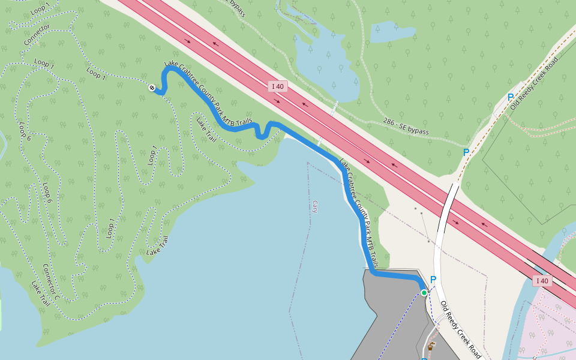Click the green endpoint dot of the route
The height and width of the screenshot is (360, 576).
424,292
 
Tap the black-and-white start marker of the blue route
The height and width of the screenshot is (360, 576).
152,88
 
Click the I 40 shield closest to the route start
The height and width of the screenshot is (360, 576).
278,86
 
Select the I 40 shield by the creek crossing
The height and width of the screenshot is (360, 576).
542,280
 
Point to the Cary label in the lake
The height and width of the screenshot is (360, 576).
314,207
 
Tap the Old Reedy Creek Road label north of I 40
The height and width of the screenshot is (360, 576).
534,83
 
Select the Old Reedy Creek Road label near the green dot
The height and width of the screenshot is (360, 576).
460,329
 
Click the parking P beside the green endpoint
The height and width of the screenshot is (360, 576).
433,280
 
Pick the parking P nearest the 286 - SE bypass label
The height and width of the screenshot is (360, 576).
466,152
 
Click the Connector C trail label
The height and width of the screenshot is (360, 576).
51,281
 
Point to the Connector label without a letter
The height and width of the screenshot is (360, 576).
37,35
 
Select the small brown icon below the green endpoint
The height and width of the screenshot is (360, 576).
431,346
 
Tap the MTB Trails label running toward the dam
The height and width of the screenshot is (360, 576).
359,213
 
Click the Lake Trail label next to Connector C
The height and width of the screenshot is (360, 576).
40,295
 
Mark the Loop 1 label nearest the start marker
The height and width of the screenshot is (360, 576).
96,73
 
